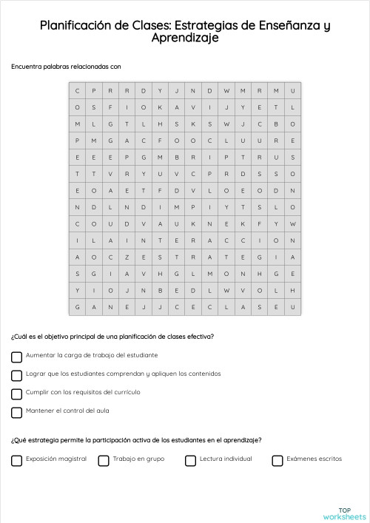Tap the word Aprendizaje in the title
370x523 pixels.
(185, 38)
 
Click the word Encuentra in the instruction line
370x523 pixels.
(27, 67)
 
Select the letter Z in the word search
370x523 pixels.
(127, 257)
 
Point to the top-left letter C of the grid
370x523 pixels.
(76, 91)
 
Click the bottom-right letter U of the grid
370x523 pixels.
(293, 307)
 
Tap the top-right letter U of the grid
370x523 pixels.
(293, 91)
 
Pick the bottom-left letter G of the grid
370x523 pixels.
(76, 307)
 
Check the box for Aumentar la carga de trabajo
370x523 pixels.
(17, 357)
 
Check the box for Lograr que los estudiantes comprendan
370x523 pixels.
(17, 375)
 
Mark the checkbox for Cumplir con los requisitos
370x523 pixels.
(17, 394)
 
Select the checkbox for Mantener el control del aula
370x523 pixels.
(17, 412)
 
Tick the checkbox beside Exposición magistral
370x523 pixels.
(17, 460)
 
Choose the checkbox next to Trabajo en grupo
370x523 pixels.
(104, 460)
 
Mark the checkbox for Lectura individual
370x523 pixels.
(190, 460)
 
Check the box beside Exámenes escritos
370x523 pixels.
(277, 460)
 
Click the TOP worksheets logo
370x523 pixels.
(345, 513)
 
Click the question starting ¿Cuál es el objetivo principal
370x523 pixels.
(112, 337)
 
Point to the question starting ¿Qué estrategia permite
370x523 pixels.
(135, 440)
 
